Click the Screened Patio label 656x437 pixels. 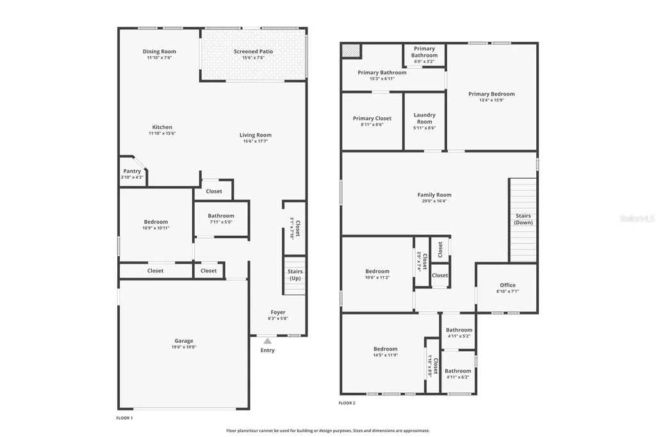click(254, 51)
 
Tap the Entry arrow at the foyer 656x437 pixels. click(267, 342)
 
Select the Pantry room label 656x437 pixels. click(132, 171)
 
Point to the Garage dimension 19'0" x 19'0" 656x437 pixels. click(184, 347)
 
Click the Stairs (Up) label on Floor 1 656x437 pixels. click(295, 274)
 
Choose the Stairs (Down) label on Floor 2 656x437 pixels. click(523, 219)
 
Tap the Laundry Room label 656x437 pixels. click(425, 118)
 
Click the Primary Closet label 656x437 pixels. click(372, 119)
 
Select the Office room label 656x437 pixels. click(507, 285)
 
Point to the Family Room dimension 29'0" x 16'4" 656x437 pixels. click(434, 201)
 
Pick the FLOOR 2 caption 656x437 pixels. click(347, 403)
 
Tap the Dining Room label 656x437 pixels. click(160, 51)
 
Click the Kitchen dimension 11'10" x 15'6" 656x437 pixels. click(162, 133)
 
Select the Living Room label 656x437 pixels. click(256, 135)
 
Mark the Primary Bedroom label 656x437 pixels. click(491, 94)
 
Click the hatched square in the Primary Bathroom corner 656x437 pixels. click(352, 51)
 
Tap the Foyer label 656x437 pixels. click(278, 312)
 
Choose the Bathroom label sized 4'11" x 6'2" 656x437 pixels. click(458, 371)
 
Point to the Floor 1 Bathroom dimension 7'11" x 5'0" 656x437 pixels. click(221, 222)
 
